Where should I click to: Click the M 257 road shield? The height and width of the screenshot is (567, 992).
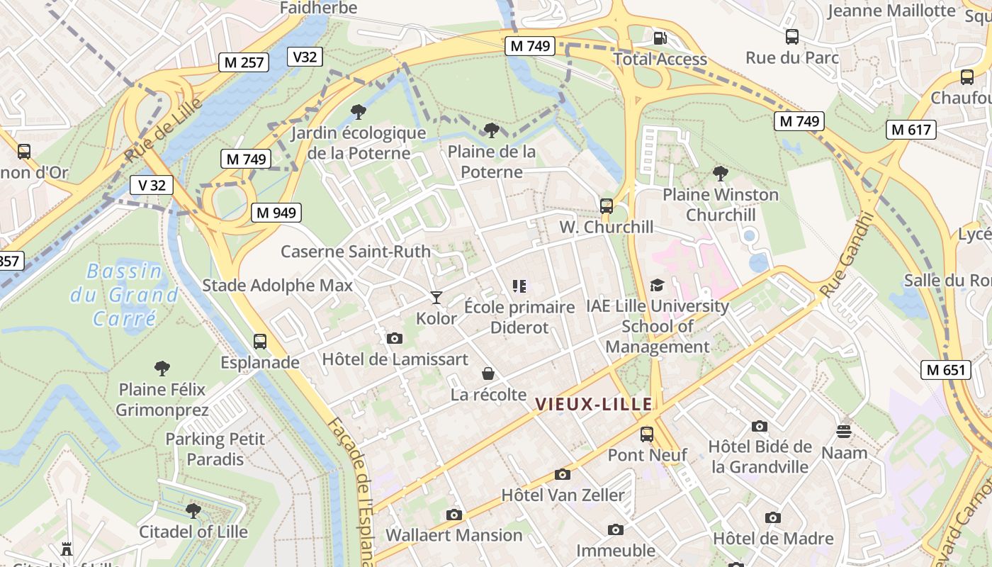[x=244, y=62]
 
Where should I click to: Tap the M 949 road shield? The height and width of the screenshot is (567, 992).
[x=276, y=212]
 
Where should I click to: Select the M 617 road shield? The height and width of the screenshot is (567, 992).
[x=911, y=130]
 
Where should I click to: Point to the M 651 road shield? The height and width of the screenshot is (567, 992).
[x=946, y=369]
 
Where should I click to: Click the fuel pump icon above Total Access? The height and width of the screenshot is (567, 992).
[x=660, y=38]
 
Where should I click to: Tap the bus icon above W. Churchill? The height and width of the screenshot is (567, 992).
[x=606, y=206]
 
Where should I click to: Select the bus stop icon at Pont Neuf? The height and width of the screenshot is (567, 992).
[x=647, y=434]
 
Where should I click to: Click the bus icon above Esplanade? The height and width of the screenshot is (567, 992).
[x=260, y=341]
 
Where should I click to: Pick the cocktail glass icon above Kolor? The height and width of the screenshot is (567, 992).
[x=436, y=297]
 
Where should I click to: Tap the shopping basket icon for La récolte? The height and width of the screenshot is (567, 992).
[x=488, y=374]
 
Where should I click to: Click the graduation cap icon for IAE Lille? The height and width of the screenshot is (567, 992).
[x=657, y=285]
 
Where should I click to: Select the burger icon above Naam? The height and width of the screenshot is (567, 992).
[x=843, y=431]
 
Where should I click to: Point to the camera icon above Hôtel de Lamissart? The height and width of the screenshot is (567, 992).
[x=395, y=338]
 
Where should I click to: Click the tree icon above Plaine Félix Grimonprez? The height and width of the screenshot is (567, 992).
[x=162, y=368]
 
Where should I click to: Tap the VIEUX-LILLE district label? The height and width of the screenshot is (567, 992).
[x=593, y=405]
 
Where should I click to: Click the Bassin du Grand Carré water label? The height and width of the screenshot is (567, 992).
[x=124, y=294]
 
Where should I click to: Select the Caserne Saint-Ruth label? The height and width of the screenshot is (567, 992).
[x=355, y=252]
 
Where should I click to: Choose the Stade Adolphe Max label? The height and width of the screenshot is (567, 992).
[x=277, y=286]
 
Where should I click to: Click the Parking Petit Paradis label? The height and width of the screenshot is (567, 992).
[x=215, y=449]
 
